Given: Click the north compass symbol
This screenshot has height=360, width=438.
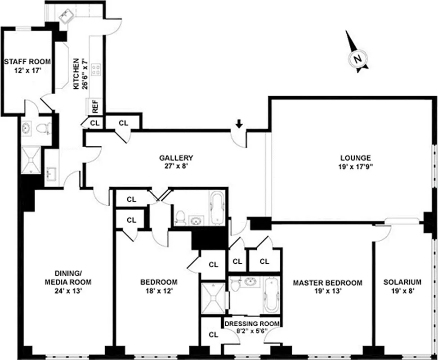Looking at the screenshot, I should (358, 58).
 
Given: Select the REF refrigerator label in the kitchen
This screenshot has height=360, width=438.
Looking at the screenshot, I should (95, 106).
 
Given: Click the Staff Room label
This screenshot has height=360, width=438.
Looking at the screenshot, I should (27, 62).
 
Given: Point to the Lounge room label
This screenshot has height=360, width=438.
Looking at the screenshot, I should (355, 158).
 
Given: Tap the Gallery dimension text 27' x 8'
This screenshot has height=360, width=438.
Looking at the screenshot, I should (176, 166).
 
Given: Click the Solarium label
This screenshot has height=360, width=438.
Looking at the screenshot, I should (402, 283).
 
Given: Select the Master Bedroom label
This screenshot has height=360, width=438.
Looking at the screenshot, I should (327, 283).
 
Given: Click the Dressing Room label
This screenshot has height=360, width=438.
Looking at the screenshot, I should (251, 324).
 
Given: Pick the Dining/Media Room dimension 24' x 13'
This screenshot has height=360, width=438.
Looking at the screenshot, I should (67, 291).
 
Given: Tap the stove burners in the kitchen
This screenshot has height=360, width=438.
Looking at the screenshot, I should (96, 69).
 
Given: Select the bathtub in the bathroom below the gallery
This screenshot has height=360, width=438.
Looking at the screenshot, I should (216, 208).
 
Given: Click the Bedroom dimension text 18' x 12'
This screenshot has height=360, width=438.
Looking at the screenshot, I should (159, 291).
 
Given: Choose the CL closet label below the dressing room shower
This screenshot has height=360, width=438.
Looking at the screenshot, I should (213, 335).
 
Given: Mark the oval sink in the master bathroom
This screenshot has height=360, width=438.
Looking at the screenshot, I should (250, 282).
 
